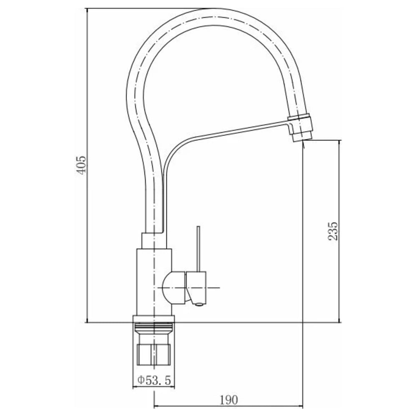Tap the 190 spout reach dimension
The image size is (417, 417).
pos(229,400)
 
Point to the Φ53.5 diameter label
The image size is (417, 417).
pos(154,380)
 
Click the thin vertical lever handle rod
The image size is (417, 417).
pos(198,249)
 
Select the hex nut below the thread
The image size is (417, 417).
pos(153,354)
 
